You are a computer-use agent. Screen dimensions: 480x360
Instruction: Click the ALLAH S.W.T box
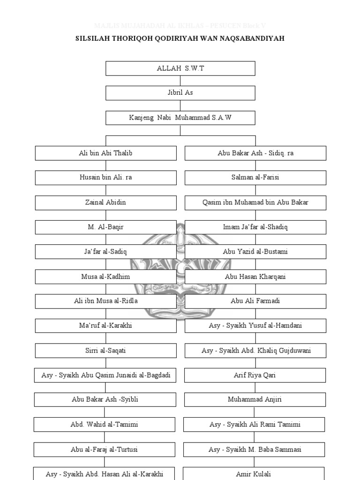[180, 68]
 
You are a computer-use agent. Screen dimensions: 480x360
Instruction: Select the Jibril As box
[180, 93]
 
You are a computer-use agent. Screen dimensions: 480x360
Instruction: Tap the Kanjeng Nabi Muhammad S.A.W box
[180, 118]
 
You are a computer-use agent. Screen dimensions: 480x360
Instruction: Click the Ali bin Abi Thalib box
[105, 153]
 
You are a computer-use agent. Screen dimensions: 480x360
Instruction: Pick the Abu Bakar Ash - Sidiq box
[255, 153]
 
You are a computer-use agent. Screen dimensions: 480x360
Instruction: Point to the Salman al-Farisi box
[255, 178]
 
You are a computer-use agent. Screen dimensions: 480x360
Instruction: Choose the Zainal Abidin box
[105, 202]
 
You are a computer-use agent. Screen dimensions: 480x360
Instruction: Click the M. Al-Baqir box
[105, 227]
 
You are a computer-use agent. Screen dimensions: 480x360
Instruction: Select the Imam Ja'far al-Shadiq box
[255, 227]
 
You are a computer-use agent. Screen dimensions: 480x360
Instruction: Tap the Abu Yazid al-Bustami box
[255, 252]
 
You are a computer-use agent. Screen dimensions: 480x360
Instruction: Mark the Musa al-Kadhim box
[105, 277]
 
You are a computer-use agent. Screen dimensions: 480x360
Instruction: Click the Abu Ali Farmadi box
[255, 301]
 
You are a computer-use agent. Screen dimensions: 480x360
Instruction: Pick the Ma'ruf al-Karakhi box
[105, 326]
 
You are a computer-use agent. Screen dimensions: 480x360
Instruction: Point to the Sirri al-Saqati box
[105, 351]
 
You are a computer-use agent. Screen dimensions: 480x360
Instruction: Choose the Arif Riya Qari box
[255, 375]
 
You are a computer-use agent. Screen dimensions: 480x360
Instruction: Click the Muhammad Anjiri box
[255, 400]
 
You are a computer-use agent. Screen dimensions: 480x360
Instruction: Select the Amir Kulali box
[254, 474]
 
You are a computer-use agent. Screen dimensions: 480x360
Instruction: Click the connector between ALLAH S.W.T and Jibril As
[180, 81]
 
